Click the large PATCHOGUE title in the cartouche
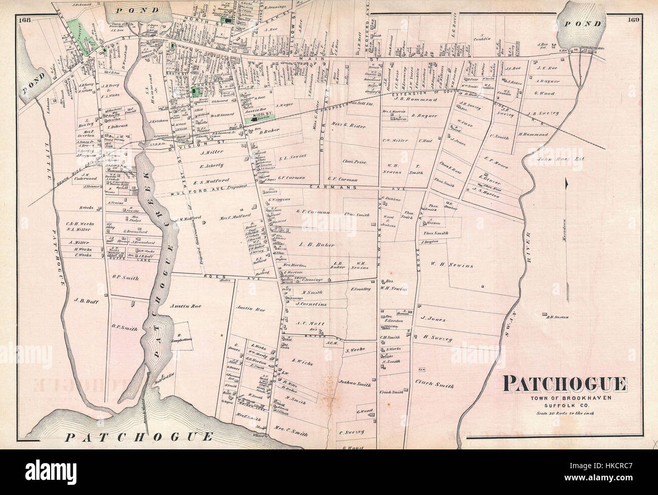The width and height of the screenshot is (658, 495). coord(565,385)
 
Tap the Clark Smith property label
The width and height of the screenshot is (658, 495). coord(434,385)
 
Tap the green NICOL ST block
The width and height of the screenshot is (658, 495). coord(260,116)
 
